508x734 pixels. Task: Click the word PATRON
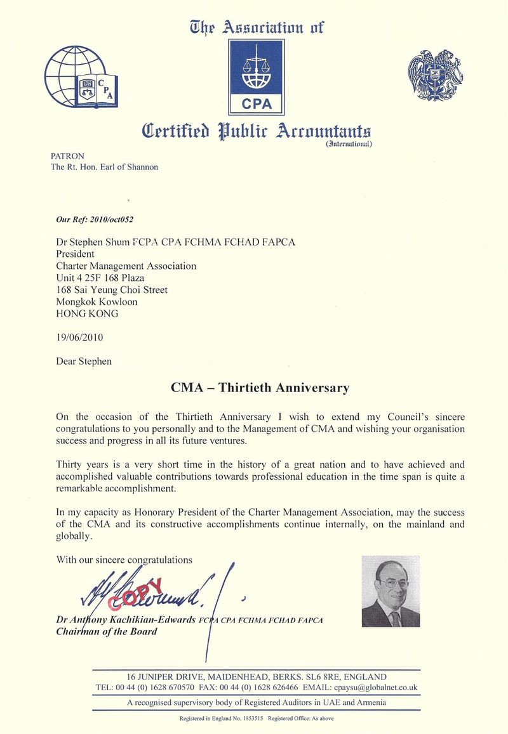click(67, 156)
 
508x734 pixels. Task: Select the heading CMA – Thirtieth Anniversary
click(260, 388)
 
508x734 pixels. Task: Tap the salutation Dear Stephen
click(84, 362)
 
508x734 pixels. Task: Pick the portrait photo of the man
click(391, 591)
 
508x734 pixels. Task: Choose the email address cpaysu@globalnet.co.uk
click(377, 688)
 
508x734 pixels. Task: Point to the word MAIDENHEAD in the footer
click(237, 677)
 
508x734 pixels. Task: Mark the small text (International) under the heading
click(349, 144)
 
